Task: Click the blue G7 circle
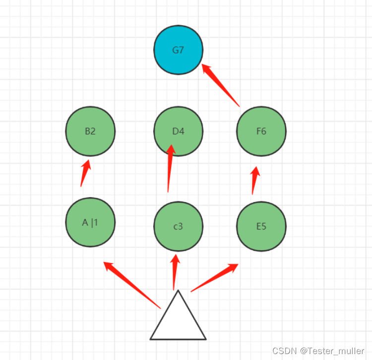[178, 50]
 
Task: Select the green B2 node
[90, 131]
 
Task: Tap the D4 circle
[178, 131]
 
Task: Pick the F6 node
[261, 131]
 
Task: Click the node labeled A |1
[90, 222]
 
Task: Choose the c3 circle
[178, 226]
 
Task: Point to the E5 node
[261, 226]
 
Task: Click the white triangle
[178, 323]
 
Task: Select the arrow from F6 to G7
[221, 85]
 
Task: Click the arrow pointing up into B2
[85, 173]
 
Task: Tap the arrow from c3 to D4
[170, 168]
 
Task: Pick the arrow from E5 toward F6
[255, 180]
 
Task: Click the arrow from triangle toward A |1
[132, 285]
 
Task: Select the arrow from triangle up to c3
[175, 272]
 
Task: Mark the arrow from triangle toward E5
[214, 278]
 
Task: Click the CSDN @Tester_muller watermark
[318, 351]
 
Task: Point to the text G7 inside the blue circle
[178, 50]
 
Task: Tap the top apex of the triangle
[178, 290]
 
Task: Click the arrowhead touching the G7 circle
[206, 69]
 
